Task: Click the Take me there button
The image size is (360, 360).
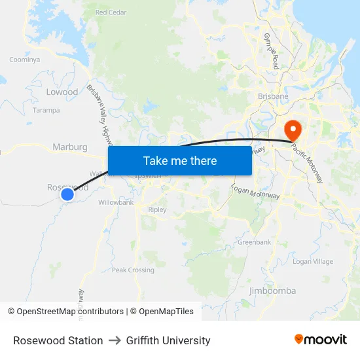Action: [x=180, y=160]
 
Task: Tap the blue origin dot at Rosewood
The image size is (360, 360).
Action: [x=67, y=194]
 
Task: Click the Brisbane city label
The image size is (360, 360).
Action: [x=273, y=96]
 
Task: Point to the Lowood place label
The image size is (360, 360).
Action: [x=62, y=92]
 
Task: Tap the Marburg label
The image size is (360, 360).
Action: [x=69, y=147]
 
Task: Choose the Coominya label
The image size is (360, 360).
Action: [x=24, y=60]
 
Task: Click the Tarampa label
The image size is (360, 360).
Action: [x=46, y=111]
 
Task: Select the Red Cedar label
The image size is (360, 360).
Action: [x=110, y=12]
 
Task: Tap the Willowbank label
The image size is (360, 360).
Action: [x=116, y=203]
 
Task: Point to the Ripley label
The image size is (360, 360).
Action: [x=157, y=210]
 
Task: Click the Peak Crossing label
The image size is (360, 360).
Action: [x=133, y=270]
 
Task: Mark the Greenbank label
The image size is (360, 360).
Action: [x=254, y=242]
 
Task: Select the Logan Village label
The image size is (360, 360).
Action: [x=312, y=262]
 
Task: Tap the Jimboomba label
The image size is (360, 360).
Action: [x=272, y=291]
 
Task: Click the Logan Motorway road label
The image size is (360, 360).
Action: [x=255, y=192]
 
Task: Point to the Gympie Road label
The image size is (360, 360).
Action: [x=272, y=52]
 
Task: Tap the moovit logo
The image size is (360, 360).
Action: [x=321, y=340]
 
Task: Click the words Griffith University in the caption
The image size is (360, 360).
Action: [x=168, y=340]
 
